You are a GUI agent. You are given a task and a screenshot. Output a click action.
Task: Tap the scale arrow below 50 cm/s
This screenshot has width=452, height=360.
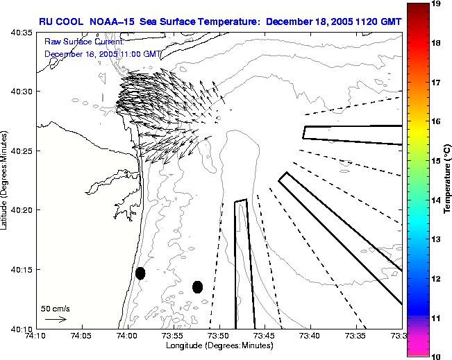pos(56,319)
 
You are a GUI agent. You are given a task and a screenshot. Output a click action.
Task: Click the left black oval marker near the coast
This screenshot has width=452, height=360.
pos(140,273)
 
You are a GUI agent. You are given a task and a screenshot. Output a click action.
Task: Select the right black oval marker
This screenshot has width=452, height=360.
pos(197,286)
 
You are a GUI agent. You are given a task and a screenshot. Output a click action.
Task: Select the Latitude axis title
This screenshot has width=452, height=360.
pos(6,179)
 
